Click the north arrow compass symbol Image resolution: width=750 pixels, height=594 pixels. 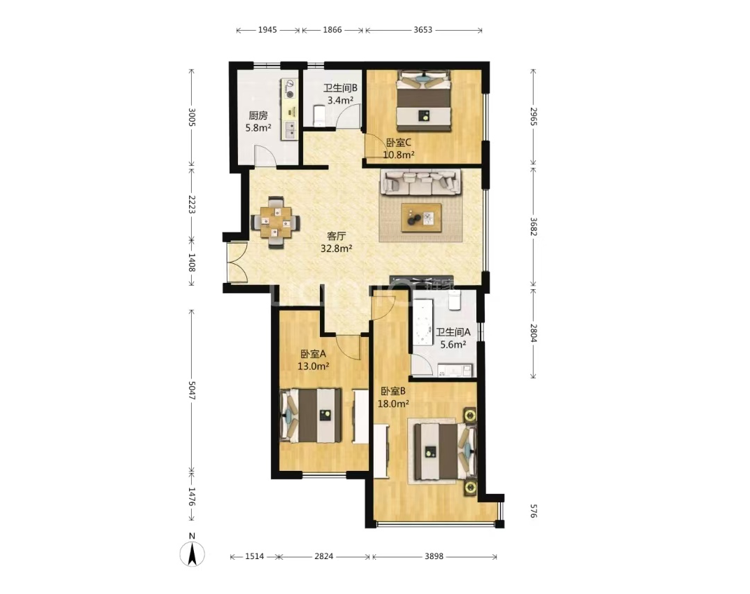tap(192, 554)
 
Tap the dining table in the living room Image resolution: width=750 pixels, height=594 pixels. tap(275, 222)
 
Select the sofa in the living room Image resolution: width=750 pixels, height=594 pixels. tap(421, 183)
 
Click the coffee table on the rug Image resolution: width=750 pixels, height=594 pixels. tap(421, 218)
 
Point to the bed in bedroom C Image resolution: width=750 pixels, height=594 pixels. tap(424, 101)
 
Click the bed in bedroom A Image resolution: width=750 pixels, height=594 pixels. tap(311, 415)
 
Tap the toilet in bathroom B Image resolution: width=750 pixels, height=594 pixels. tap(319, 115)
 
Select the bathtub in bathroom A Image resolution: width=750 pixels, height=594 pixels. tap(422, 326)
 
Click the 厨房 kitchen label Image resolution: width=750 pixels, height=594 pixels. tap(258, 115)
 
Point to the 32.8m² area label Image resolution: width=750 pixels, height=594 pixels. tap(336, 248)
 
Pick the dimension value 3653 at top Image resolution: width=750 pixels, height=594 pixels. tap(423, 30)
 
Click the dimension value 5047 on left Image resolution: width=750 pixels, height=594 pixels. tap(192, 391)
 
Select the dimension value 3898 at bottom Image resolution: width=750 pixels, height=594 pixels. tap(434, 556)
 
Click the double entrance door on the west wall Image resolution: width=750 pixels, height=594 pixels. tap(237, 262)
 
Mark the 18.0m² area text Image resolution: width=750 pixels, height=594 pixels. tap(393, 404)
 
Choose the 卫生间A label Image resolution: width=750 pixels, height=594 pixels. tap(453, 332)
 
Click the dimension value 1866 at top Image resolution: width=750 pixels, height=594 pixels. tap(332, 30)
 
